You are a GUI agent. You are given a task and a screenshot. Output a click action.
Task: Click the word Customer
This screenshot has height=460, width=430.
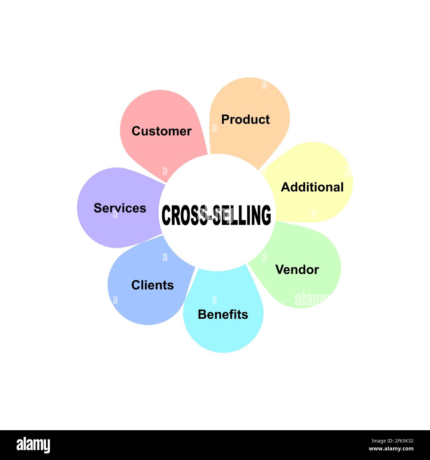[x=161, y=131]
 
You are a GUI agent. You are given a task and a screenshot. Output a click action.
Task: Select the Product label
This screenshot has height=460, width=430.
[x=245, y=119]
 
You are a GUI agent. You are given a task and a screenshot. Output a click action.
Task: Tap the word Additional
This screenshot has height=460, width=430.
[x=312, y=187]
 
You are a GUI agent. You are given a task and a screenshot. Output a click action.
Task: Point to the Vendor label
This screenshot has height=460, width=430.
[x=297, y=270]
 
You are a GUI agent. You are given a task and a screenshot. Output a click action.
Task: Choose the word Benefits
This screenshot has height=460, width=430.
[x=223, y=314]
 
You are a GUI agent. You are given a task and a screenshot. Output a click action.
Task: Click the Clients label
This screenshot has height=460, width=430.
[x=152, y=285]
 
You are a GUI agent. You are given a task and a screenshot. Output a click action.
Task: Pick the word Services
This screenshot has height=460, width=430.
[x=120, y=208]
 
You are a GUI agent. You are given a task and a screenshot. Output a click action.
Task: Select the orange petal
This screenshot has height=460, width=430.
[x=251, y=96]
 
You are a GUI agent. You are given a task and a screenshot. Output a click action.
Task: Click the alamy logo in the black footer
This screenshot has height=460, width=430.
[x=33, y=445]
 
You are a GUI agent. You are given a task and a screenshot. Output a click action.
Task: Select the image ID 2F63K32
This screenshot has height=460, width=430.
[x=392, y=441]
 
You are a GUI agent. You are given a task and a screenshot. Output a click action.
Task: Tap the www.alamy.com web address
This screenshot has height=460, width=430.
[x=391, y=449]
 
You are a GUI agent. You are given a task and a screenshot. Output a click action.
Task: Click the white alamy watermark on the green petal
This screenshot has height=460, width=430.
[x=311, y=299]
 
